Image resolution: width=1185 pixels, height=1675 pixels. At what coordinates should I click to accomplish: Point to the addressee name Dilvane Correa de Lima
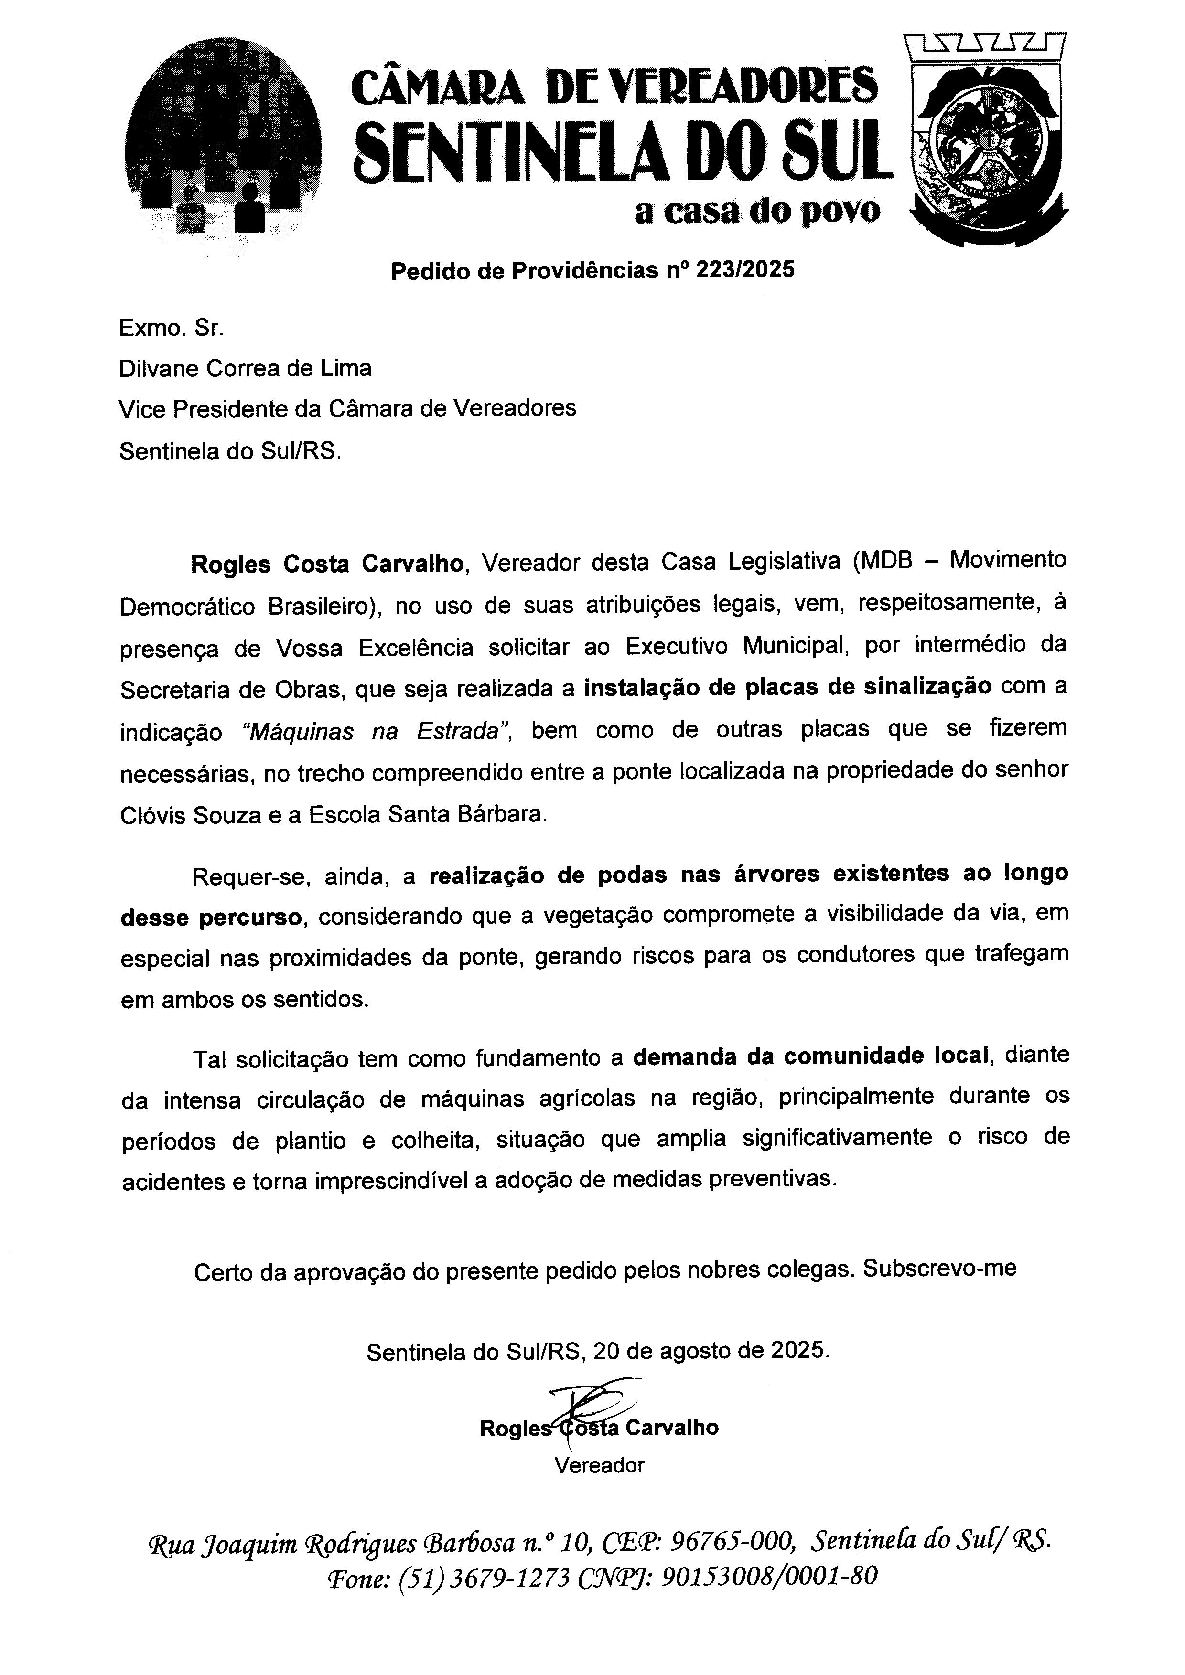click(x=245, y=368)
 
